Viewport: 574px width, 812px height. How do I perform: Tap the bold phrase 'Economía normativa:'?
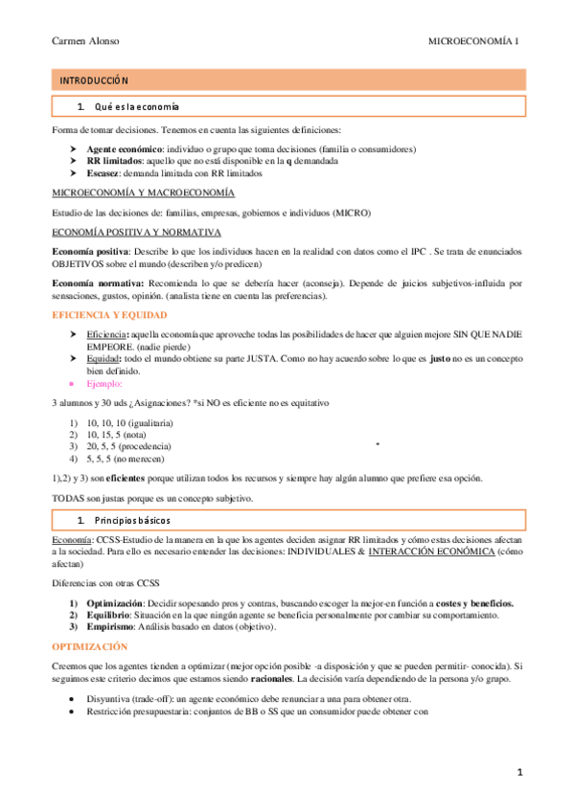[x=98, y=283]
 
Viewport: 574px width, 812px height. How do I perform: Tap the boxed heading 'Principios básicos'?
[x=132, y=520]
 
